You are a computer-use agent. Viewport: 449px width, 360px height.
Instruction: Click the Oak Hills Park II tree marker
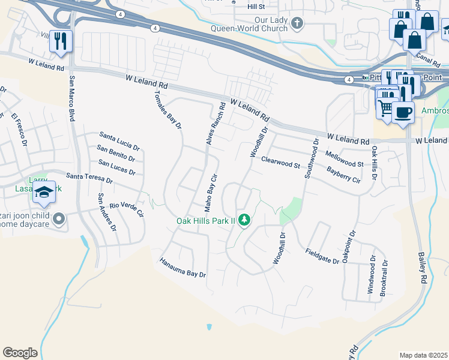coord(244,221)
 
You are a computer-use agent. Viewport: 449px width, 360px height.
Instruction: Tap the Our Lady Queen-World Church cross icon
coord(296,23)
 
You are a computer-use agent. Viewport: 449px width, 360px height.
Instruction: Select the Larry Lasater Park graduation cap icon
coord(44,192)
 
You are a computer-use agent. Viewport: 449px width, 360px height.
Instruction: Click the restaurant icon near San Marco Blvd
coord(61,41)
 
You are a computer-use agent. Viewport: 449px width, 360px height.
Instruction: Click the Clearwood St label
coord(280,162)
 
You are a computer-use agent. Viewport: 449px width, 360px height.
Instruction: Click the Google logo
coord(20,353)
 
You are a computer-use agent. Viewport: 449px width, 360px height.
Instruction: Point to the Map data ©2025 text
coord(423,355)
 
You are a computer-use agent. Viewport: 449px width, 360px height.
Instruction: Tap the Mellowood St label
coord(345,159)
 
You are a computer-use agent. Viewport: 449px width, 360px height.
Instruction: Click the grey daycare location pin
coord(58,219)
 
